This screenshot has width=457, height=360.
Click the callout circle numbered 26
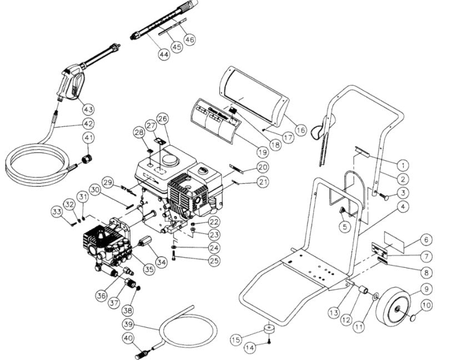(162, 118)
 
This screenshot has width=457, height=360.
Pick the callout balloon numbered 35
(148, 270)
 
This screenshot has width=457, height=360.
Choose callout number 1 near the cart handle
(402, 164)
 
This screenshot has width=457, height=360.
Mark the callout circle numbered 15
(235, 338)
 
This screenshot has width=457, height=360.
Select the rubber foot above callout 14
(269, 331)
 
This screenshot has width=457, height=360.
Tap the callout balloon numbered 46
(190, 39)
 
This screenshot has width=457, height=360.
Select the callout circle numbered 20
(262, 166)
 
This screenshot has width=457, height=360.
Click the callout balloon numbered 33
(56, 212)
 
